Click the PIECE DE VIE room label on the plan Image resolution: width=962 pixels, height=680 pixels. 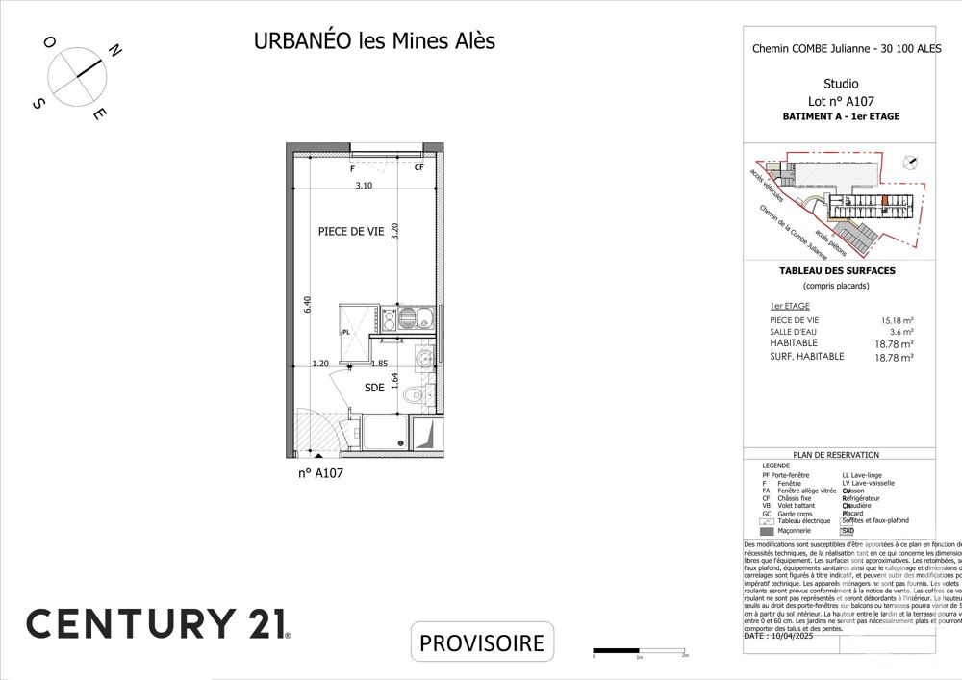tap(351, 231)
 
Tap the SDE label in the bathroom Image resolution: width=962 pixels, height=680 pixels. tap(374, 389)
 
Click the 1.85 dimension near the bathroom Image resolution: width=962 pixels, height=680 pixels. tap(379, 364)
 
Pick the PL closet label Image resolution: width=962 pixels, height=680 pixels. tap(346, 333)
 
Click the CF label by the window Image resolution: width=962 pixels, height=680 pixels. tap(418, 168)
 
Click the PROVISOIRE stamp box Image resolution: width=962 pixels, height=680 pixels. tap(483, 642)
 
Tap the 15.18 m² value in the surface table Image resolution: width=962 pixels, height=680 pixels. tap(897, 320)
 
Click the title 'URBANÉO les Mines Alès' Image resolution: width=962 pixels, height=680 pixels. tap(374, 41)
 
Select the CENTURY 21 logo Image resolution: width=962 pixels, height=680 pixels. tap(157, 623)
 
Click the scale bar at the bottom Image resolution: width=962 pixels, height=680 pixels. tap(639, 653)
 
